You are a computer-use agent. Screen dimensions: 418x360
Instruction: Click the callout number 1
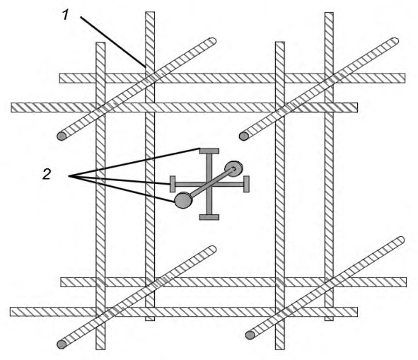[66, 15]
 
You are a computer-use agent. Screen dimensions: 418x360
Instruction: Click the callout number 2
[47, 174]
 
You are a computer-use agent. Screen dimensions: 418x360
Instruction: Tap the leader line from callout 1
[113, 42]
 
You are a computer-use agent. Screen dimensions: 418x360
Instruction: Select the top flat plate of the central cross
[209, 151]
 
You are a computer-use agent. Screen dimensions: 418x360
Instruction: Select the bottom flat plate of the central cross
[209, 217]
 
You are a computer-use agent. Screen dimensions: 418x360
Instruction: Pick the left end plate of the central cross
[173, 184]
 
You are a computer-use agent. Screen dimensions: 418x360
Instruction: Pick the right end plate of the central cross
[246, 184]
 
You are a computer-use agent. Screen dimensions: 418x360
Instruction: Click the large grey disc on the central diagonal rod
[183, 200]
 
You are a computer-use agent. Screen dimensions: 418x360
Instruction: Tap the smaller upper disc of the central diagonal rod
[234, 169]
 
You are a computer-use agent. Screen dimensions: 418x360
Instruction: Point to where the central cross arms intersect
[209, 184]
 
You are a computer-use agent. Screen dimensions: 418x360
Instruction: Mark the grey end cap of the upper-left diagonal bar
[62, 137]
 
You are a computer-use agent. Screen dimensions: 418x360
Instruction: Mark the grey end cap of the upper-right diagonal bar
[243, 137]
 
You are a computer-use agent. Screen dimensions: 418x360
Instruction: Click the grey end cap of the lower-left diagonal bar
[62, 344]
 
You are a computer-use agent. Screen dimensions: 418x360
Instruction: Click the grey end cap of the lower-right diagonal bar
[250, 335]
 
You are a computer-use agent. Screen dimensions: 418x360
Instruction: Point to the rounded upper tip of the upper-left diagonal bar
[213, 41]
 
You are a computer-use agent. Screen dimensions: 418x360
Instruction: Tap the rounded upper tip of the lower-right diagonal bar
[402, 240]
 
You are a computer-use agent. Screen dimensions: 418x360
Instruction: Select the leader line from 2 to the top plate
[134, 162]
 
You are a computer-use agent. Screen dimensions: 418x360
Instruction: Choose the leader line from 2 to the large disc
[122, 189]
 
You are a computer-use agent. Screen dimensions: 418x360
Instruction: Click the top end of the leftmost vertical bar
[100, 42]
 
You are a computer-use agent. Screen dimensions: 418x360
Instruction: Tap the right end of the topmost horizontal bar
[405, 78]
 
